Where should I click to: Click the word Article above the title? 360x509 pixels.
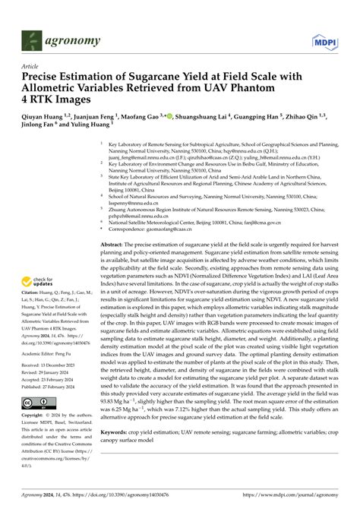pos(31,67)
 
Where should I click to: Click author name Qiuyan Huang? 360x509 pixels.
pos(45,119)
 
